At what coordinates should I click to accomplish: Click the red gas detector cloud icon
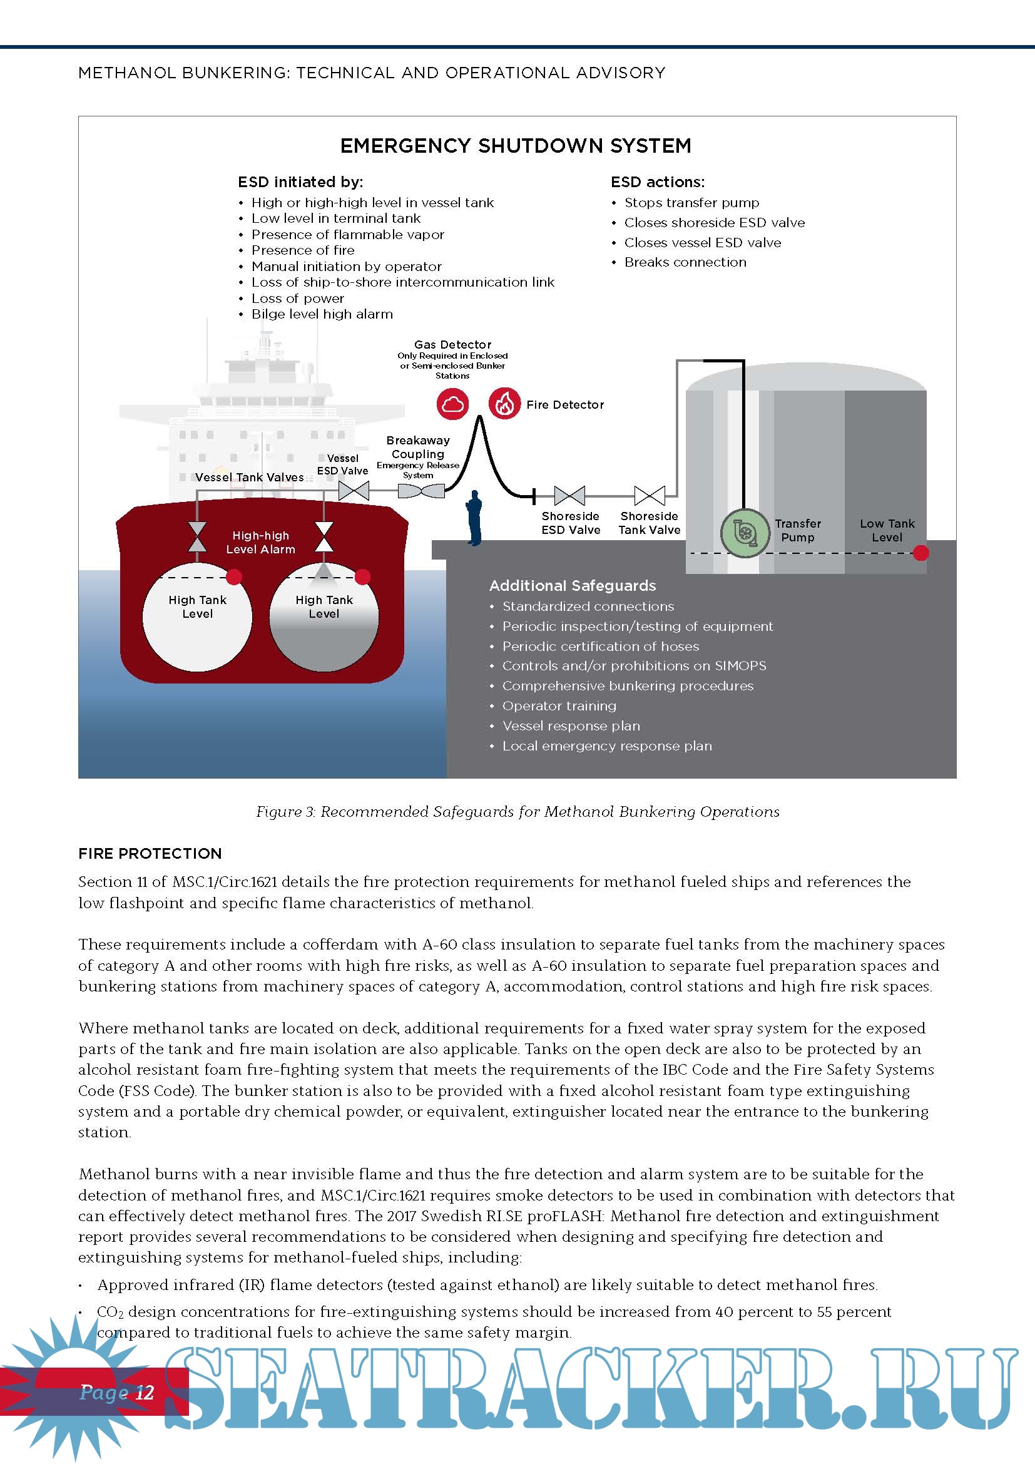coord(452,404)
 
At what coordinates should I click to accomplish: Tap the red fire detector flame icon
coord(504,404)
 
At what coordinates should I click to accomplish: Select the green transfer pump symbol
coord(745,533)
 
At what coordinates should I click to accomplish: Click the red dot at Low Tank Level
coord(920,553)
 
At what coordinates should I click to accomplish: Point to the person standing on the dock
coord(474,518)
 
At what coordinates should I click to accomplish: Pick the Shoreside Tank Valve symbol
coord(650,496)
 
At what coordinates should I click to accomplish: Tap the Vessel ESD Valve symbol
coord(354,491)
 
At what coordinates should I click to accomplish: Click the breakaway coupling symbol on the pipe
coord(421,491)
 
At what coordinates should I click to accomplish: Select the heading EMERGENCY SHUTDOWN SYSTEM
coord(516,146)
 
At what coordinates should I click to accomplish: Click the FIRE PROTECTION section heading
coord(150,853)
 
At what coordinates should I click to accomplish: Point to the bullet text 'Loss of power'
coord(298,299)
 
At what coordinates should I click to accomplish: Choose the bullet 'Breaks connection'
coord(685,262)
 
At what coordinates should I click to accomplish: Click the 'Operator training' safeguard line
coord(559,706)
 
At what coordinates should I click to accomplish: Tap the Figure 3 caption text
coord(517,812)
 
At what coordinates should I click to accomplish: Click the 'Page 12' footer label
coord(116,1392)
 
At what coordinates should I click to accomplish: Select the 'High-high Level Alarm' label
coord(261,542)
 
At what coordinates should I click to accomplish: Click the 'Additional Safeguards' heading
coord(573,585)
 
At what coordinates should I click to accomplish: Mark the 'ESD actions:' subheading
coord(658,182)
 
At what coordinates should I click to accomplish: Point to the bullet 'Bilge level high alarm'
coord(322,314)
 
